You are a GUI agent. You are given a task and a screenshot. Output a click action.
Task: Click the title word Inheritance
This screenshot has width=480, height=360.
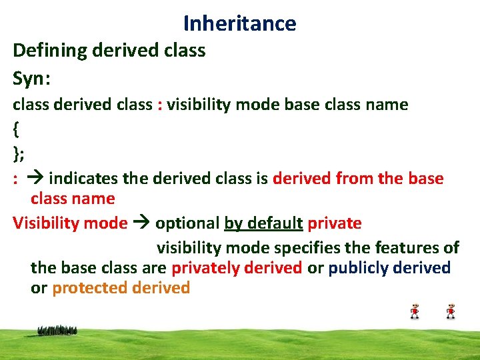[239, 23]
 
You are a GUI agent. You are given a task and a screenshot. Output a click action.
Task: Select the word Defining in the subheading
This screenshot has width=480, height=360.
[43, 50]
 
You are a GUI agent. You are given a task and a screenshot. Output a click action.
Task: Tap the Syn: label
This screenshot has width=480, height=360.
[32, 79]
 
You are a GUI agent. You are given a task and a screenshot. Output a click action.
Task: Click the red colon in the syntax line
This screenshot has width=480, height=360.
[159, 105]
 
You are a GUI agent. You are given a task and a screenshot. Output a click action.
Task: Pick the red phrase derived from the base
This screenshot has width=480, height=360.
[358, 179]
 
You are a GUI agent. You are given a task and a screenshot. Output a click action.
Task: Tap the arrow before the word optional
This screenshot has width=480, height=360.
[141, 223]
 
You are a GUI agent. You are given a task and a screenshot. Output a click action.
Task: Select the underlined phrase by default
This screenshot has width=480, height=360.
[263, 223]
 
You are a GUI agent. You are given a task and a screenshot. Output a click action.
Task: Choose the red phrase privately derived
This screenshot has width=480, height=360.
[237, 268]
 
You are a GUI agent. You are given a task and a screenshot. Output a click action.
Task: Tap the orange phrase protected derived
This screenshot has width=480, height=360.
[121, 288]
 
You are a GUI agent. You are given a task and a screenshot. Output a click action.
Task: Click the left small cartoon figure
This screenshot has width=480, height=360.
[415, 311]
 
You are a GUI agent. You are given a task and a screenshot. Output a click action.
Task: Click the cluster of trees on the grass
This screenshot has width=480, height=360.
[57, 330]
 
